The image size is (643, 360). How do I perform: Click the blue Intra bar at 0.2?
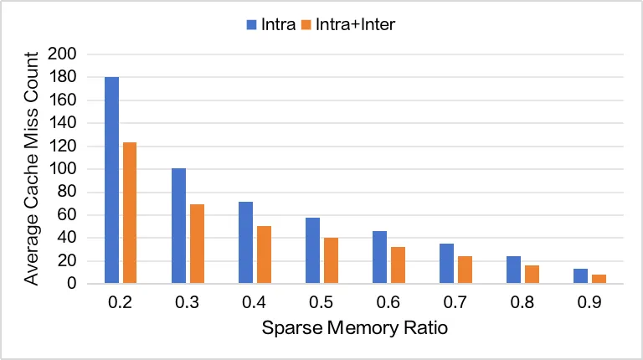pyautogui.click(x=111, y=180)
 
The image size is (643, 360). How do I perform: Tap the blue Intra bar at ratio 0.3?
pyautogui.click(x=178, y=226)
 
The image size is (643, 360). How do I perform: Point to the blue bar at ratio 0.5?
pyautogui.click(x=312, y=250)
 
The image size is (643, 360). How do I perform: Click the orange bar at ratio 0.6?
pyautogui.click(x=397, y=265)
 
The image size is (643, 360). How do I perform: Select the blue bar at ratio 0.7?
pyautogui.click(x=446, y=264)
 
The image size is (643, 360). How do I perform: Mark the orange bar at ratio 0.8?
pyautogui.click(x=531, y=274)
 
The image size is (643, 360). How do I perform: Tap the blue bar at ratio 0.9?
pyautogui.click(x=580, y=276)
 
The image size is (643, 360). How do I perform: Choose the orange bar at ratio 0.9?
pyautogui.click(x=598, y=279)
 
